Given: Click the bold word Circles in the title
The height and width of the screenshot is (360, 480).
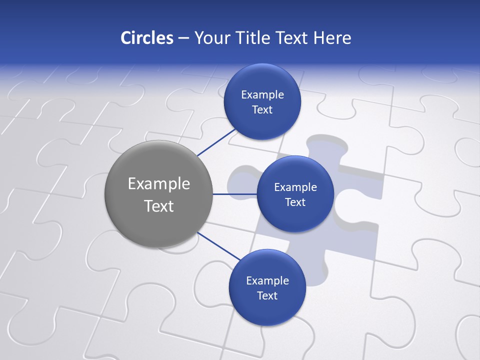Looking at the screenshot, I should pyautogui.click(x=146, y=37).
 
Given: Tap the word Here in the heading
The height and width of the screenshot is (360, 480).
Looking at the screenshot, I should pyautogui.click(x=332, y=37).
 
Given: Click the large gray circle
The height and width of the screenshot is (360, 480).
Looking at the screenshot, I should pyautogui.click(x=158, y=225).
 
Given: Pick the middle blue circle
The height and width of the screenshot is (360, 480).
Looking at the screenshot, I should pyautogui.click(x=295, y=215).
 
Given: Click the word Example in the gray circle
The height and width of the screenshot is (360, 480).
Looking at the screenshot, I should pyautogui.click(x=159, y=184).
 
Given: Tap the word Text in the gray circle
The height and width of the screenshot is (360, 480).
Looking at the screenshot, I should pyautogui.click(x=159, y=206).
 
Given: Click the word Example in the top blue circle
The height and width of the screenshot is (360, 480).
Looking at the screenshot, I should pyautogui.click(x=262, y=94).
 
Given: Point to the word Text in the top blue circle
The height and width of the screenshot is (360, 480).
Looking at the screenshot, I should pyautogui.click(x=262, y=109).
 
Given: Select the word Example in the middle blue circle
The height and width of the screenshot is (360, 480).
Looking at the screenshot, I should pyautogui.click(x=295, y=187).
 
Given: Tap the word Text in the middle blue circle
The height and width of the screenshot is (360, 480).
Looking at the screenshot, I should pyautogui.click(x=295, y=202).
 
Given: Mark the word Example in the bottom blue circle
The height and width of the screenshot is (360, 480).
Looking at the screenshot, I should pyautogui.click(x=267, y=280).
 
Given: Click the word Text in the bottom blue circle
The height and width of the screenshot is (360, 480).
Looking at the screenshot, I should pyautogui.click(x=267, y=295).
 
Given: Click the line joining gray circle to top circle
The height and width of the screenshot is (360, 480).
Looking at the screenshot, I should pyautogui.click(x=216, y=142).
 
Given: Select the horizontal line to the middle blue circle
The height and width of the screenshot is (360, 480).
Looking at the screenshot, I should pyautogui.click(x=234, y=193).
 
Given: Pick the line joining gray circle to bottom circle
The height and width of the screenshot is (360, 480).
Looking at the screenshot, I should pyautogui.click(x=219, y=246).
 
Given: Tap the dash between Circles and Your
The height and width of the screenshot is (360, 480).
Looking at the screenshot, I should pyautogui.click(x=183, y=38).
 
